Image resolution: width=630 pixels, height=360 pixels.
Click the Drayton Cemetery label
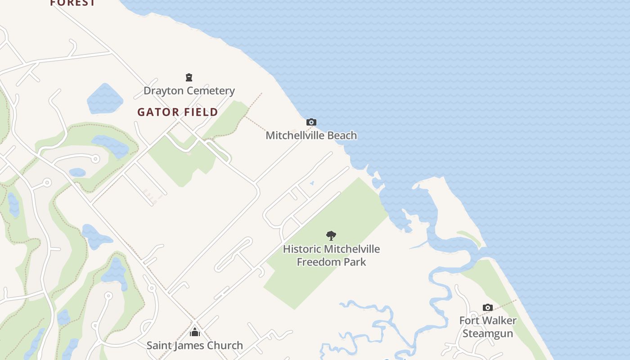[x=189, y=91]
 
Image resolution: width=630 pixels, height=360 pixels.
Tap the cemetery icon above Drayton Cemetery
[x=189, y=77]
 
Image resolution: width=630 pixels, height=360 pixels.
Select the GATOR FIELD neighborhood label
[x=178, y=112]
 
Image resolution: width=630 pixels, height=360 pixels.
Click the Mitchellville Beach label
[x=311, y=135]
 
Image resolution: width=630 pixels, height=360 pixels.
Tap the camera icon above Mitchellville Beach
[x=311, y=122]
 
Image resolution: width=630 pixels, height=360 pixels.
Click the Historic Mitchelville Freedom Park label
[x=331, y=255]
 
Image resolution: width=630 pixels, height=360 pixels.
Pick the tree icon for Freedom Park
[x=331, y=235]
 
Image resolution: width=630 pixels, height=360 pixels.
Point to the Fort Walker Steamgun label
[x=488, y=327]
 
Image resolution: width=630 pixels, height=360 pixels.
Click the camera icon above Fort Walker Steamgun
[x=488, y=308]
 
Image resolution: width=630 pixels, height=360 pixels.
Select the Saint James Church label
[x=194, y=346]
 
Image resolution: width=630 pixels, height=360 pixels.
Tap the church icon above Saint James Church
[x=194, y=332]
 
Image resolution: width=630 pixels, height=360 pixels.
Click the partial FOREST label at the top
[x=72, y=3]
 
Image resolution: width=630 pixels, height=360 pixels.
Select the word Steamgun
[x=488, y=333]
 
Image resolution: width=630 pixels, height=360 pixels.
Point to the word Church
[x=226, y=346]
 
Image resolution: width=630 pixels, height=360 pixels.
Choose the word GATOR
[x=155, y=112]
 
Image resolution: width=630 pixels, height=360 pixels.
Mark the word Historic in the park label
[x=302, y=249]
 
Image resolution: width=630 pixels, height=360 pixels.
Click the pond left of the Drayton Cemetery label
[x=104, y=99]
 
